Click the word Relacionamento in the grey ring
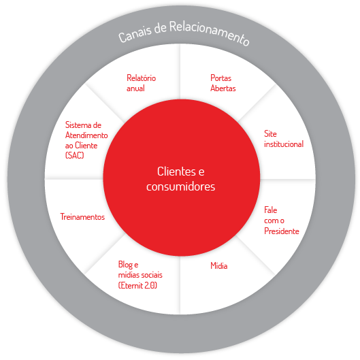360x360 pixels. click(x=210, y=33)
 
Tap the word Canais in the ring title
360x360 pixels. click(x=135, y=34)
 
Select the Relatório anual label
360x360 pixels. click(x=141, y=83)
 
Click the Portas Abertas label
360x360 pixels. click(x=223, y=83)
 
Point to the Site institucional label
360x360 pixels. click(x=284, y=139)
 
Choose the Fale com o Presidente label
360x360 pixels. click(x=282, y=220)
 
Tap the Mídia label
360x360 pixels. click(x=219, y=266)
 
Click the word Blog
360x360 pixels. click(x=125, y=265)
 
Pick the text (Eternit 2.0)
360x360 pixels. click(x=137, y=285)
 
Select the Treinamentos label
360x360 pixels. click(x=82, y=217)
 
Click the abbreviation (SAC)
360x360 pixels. click(x=75, y=155)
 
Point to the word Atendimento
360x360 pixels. click(x=86, y=135)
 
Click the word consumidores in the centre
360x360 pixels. click(x=181, y=186)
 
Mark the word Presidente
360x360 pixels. click(x=282, y=231)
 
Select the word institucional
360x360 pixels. click(x=284, y=144)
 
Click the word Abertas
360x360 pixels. click(x=223, y=88)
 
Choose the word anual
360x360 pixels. click(x=135, y=88)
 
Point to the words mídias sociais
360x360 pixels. click(x=140, y=275)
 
